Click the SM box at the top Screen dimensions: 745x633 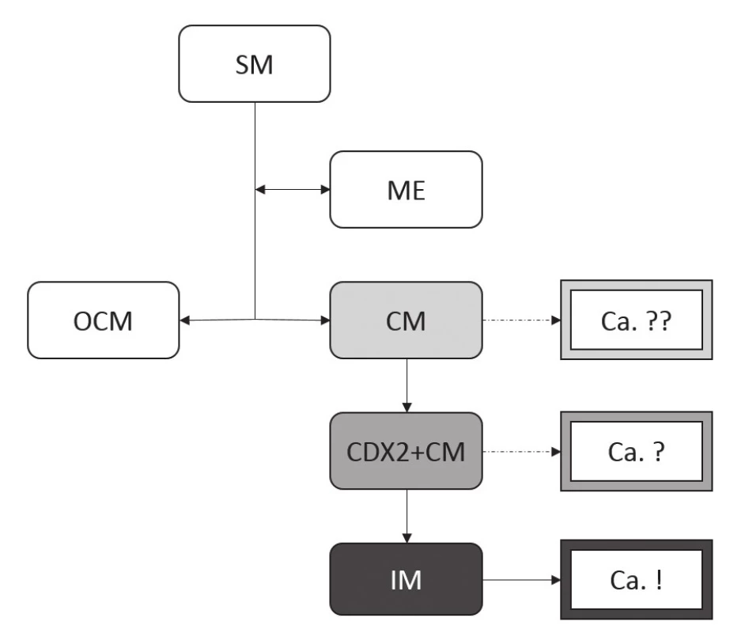click(x=254, y=63)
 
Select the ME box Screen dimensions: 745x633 click(x=407, y=190)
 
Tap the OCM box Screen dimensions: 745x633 click(x=103, y=320)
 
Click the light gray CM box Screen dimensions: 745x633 click(x=407, y=320)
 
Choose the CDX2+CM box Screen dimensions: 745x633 click(x=407, y=451)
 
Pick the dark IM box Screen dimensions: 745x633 click(x=407, y=579)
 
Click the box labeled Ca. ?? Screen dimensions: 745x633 click(x=637, y=320)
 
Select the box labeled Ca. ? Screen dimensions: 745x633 click(x=637, y=452)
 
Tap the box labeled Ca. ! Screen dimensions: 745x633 click(x=637, y=580)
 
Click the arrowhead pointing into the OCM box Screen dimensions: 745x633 click(x=185, y=320)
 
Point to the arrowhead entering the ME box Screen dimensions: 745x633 click(x=326, y=190)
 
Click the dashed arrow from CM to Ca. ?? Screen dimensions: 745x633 click(x=522, y=320)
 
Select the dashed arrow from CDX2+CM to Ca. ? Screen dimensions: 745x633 click(x=522, y=452)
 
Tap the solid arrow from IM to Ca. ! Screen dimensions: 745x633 click(x=522, y=580)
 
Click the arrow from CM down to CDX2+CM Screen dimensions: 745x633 click(x=407, y=385)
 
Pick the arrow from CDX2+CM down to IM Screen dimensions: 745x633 click(x=407, y=516)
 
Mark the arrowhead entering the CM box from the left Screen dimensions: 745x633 click(x=326, y=320)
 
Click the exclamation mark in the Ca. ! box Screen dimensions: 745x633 click(x=659, y=580)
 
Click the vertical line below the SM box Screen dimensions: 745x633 click(x=255, y=210)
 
